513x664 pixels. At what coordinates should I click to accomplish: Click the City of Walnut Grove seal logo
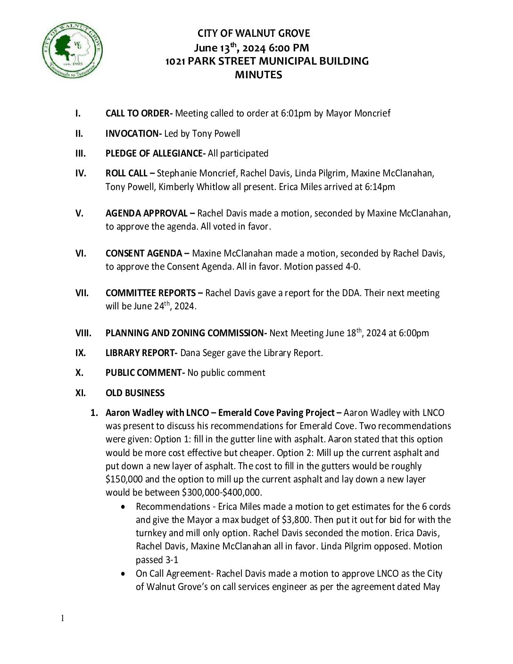[73, 50]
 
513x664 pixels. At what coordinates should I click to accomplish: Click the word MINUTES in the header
[258, 75]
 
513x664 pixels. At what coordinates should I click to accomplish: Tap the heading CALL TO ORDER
[139, 113]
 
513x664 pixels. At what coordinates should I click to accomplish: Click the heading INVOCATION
[133, 133]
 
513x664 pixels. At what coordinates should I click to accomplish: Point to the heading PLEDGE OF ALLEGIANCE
[155, 153]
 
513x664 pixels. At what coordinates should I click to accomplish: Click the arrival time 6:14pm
[380, 187]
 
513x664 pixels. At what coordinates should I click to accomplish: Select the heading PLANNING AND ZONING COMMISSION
[186, 333]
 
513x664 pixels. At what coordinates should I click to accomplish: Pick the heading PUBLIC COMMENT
[145, 373]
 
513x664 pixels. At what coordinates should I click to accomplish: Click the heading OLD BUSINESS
[135, 393]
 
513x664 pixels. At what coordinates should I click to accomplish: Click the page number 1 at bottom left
[62, 618]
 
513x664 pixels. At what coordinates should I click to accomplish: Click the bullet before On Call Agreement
[124, 573]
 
